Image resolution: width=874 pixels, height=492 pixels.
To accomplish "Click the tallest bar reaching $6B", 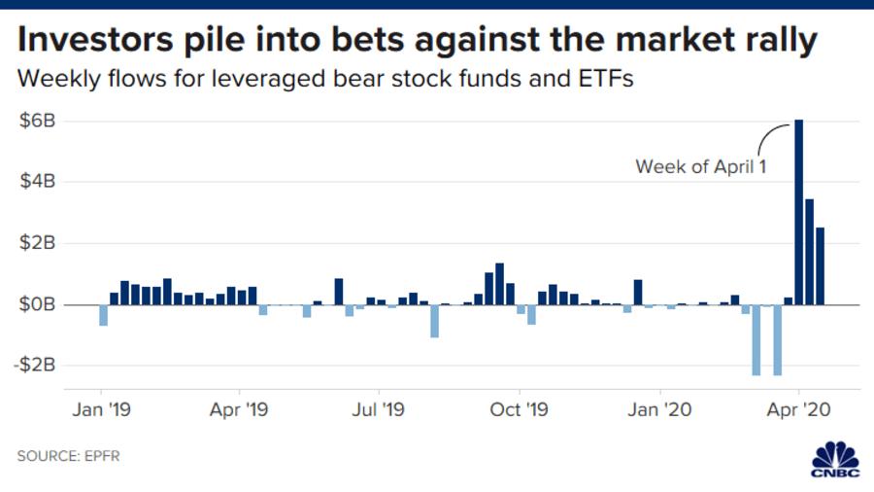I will click(798, 212).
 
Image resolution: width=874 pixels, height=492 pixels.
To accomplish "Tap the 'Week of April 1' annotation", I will click(700, 166).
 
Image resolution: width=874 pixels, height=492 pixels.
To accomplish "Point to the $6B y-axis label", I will click(38, 121).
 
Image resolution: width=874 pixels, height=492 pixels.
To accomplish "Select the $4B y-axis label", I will click(38, 182).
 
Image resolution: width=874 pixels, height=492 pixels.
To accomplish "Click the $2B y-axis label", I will click(38, 243).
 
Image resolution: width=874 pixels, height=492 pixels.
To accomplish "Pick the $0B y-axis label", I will click(38, 304).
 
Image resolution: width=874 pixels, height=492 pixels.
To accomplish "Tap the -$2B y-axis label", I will click(35, 366).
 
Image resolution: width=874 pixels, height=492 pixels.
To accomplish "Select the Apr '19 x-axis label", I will click(238, 410).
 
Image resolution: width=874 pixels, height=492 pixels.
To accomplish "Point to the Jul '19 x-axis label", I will click(378, 410).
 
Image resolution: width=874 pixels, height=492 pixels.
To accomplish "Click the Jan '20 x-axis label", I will click(660, 410).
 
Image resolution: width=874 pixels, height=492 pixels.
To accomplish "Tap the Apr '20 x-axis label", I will click(798, 410).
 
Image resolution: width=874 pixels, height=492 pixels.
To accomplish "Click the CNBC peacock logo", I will click(834, 458).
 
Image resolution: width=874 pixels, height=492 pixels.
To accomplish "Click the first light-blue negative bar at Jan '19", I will click(103, 315).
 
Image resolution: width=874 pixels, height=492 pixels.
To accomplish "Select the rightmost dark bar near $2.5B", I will click(821, 266).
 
